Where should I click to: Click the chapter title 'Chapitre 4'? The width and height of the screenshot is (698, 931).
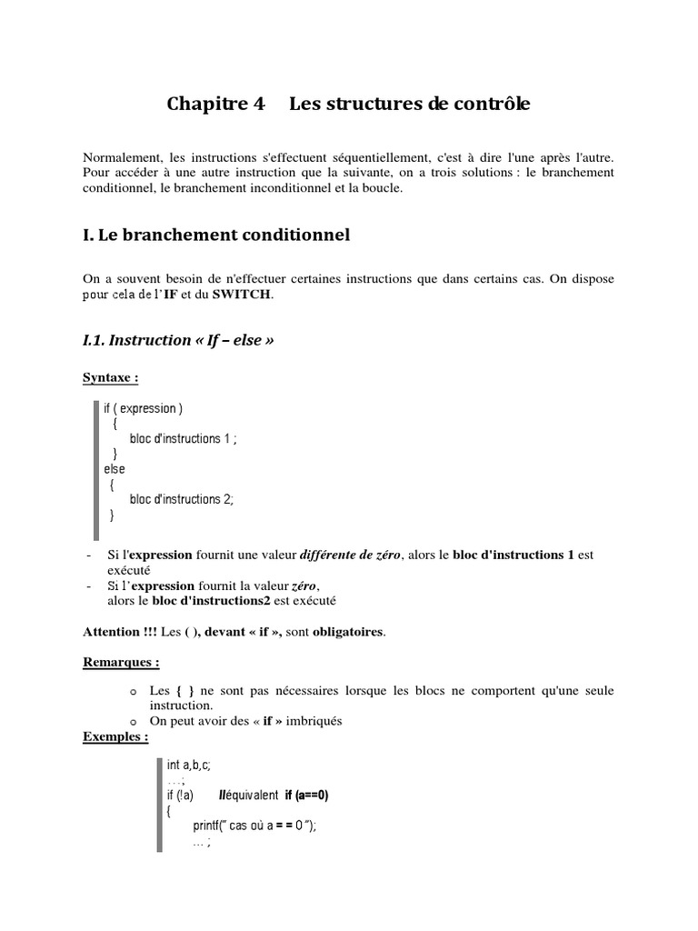(x=216, y=105)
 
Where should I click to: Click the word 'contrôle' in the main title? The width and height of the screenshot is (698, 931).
(x=488, y=105)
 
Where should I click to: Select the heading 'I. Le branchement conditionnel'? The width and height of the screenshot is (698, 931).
(x=215, y=235)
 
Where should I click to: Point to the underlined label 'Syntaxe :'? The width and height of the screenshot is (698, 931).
(x=111, y=376)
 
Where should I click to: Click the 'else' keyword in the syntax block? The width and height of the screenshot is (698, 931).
(x=115, y=469)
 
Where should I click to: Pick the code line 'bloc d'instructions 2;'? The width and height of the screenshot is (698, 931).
(x=182, y=499)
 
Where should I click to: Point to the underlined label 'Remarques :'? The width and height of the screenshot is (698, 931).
(x=121, y=663)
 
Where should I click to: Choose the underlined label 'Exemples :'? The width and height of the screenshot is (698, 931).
(x=115, y=736)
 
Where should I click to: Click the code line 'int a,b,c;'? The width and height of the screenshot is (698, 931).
(x=189, y=766)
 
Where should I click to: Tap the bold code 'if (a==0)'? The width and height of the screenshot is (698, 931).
(x=306, y=796)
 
